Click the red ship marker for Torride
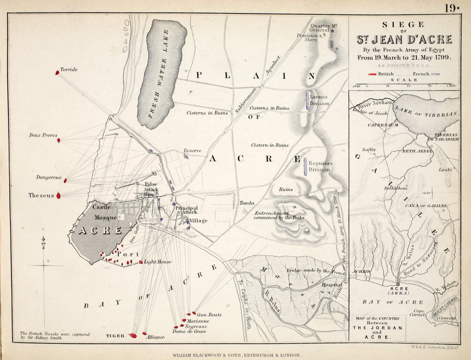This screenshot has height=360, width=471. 57,73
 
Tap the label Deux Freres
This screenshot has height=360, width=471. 43,135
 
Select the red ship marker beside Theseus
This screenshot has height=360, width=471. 58,195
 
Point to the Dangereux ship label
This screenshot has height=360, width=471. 49,178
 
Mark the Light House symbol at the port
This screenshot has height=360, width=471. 141,262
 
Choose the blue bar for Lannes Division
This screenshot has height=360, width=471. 308,100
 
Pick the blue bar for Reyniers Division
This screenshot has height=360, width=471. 305,166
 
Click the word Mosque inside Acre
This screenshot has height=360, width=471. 105,218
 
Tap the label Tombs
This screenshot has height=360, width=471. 247,203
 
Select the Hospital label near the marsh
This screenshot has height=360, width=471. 331,285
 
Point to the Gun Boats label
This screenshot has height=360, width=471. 209,314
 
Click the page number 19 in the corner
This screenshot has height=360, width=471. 450,8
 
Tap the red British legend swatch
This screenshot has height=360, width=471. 375,74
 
